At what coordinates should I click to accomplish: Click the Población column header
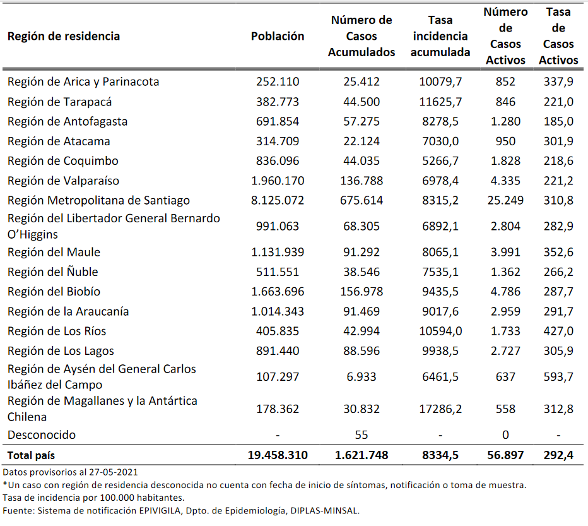(277, 36)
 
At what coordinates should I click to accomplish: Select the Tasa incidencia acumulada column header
(440, 37)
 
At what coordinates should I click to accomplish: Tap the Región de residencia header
(64, 36)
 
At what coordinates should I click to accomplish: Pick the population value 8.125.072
(277, 200)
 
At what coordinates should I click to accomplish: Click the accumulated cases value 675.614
(362, 200)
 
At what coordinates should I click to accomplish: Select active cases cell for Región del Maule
(505, 252)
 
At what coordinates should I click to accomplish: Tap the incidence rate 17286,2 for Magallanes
(440, 409)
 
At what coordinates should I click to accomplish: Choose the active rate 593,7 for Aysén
(558, 376)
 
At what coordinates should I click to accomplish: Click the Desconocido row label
(41, 434)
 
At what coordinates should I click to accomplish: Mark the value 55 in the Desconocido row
(362, 434)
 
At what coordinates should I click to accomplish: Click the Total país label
(36, 455)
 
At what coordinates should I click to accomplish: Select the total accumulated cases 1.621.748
(362, 455)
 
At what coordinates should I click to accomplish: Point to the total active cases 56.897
(505, 455)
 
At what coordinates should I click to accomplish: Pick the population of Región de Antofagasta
(277, 121)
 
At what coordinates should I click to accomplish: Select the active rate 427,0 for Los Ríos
(558, 331)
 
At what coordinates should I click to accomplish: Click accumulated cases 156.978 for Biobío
(362, 291)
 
